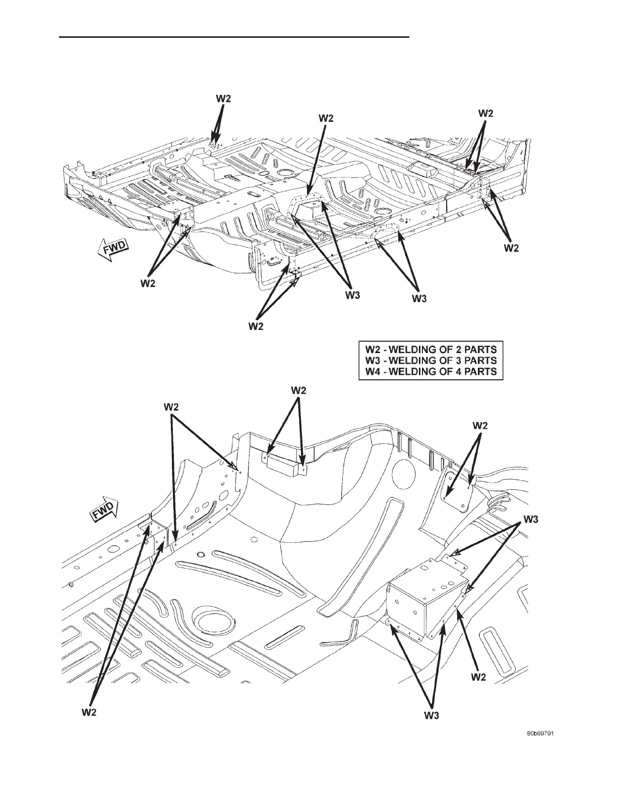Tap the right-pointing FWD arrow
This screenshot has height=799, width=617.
(x=103, y=511)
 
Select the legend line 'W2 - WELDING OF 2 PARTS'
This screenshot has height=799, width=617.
(x=430, y=349)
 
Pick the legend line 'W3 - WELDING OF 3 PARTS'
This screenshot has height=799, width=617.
(x=430, y=360)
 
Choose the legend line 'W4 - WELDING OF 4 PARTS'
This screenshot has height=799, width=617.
(x=430, y=372)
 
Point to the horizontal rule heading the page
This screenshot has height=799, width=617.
(x=234, y=37)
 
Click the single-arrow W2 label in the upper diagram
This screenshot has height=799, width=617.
(x=326, y=118)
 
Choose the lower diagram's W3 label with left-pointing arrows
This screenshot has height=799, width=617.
(x=530, y=519)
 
